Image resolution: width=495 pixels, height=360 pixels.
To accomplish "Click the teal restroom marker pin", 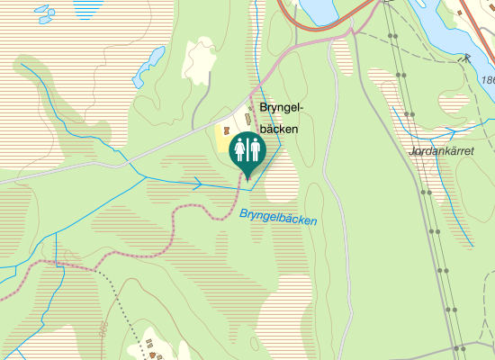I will click(x=247, y=151).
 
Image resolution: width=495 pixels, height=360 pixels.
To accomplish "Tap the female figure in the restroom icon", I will click(x=240, y=148).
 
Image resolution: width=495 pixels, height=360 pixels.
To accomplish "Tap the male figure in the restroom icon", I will click(x=254, y=148).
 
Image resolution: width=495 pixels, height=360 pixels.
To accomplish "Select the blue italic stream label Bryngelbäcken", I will click(x=278, y=216).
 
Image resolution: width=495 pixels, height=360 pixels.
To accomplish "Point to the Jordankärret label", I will click(x=441, y=151).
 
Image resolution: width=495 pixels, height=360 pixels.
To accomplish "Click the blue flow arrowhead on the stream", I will click(x=197, y=184).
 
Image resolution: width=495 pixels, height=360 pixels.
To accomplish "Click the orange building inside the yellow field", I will click(x=225, y=130).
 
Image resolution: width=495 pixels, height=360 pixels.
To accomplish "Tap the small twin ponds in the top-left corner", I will click(x=43, y=13).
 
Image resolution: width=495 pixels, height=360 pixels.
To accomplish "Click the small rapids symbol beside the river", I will click(x=465, y=58).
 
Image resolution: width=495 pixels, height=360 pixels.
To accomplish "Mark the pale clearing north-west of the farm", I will click(x=199, y=60).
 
